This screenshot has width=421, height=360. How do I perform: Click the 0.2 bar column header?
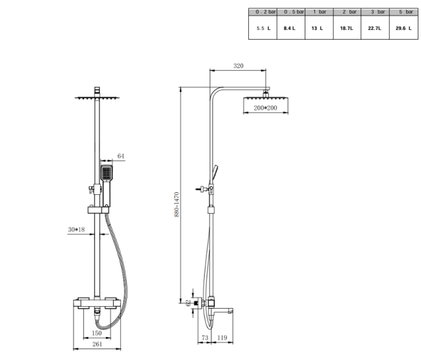tap(263, 12)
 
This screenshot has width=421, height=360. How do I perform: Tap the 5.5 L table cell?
tap(263, 29)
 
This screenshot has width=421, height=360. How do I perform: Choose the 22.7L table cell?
tap(375, 29)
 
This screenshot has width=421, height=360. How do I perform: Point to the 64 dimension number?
tap(121, 156)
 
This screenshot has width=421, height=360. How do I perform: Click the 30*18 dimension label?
tap(77, 229)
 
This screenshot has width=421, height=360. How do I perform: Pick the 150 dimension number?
tap(96, 334)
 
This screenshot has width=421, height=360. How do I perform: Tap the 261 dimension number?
tap(96, 345)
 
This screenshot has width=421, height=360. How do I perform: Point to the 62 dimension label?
tap(188, 302)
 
